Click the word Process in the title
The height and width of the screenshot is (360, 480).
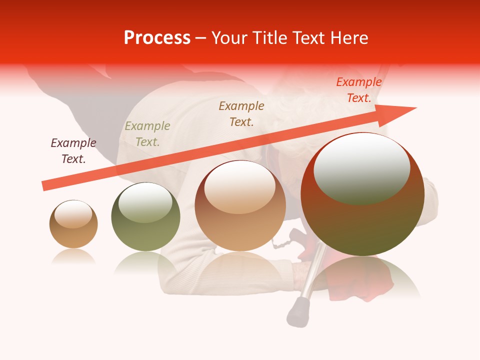point(157,38)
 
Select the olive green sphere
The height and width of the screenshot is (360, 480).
point(145,217)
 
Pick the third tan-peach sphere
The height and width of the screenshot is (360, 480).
point(240,206)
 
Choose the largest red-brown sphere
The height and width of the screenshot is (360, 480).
point(362,195)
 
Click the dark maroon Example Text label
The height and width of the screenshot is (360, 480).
point(73,151)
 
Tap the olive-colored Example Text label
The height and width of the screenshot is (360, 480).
point(147,134)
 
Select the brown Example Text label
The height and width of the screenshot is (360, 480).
point(241,113)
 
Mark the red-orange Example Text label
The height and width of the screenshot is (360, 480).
point(359,90)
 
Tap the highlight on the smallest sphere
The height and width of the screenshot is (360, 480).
point(73,214)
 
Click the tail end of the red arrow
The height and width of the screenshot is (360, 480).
point(45,186)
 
